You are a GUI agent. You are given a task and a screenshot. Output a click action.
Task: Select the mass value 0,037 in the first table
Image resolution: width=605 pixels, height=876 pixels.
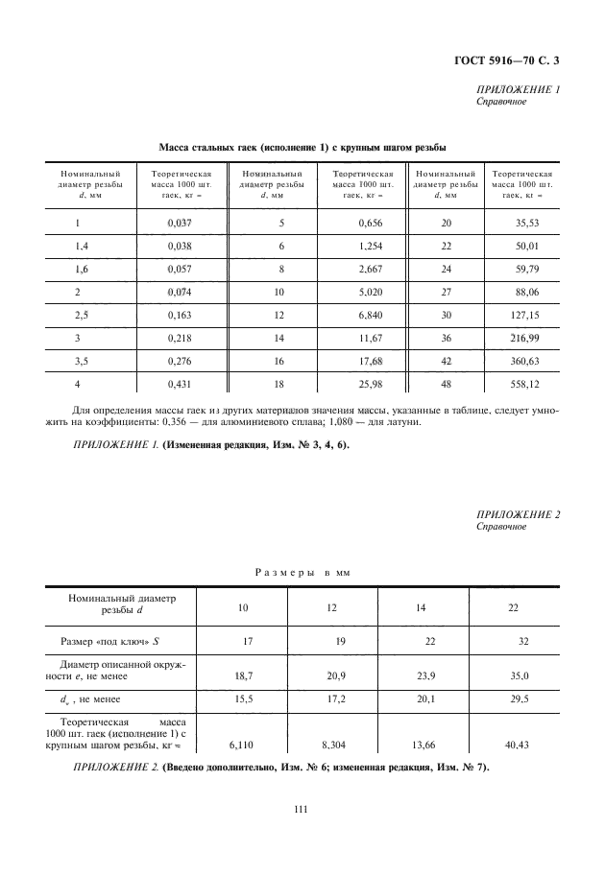point(180,223)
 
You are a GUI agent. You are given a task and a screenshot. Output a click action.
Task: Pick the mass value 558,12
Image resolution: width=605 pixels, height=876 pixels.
point(522,384)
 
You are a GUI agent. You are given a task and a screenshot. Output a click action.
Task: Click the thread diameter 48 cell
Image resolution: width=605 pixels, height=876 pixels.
point(445,384)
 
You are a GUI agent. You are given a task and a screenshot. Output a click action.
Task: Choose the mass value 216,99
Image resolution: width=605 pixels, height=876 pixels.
point(522,338)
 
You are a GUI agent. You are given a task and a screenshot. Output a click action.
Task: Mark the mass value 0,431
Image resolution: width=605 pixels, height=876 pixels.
point(180,384)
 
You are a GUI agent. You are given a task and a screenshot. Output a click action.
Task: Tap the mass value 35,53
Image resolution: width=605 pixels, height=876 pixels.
point(522,223)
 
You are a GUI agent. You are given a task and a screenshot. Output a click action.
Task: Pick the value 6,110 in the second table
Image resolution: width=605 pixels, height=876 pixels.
point(241,743)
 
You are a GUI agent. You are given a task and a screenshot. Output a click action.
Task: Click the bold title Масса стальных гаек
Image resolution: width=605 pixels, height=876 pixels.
point(302,147)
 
